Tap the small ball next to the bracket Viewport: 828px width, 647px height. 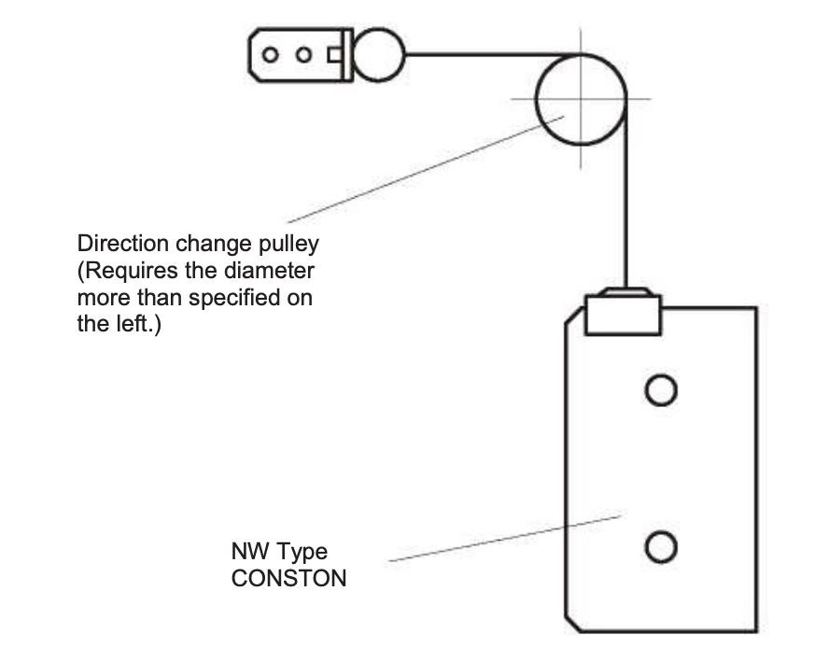pyautogui.click(x=378, y=53)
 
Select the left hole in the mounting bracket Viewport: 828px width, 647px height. pyautogui.click(x=271, y=54)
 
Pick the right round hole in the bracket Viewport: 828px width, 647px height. pyautogui.click(x=303, y=54)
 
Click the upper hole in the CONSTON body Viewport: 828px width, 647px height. pyautogui.click(x=660, y=389)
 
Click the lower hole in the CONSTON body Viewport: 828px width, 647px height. pyautogui.click(x=660, y=546)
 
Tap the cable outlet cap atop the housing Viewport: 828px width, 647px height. pyautogui.click(x=624, y=313)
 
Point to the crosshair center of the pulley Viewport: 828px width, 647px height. pyautogui.click(x=581, y=98)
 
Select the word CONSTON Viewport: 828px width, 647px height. pyautogui.click(x=288, y=578)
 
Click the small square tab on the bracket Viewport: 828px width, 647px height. pyautogui.click(x=333, y=54)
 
